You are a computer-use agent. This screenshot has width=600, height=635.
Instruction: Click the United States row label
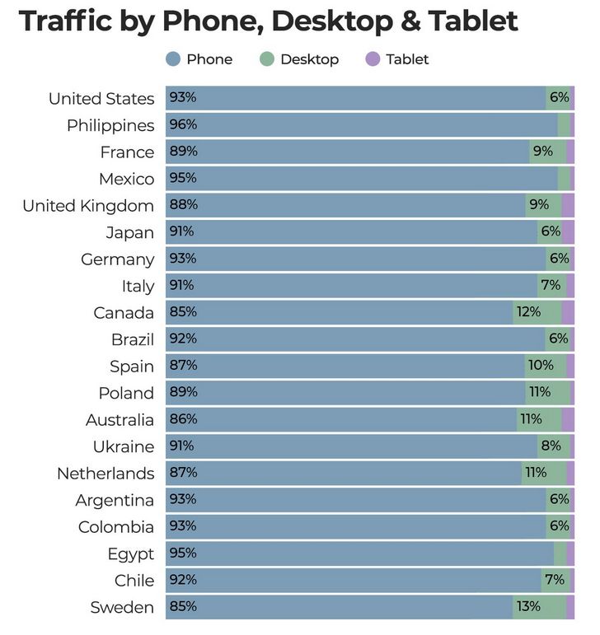point(101,99)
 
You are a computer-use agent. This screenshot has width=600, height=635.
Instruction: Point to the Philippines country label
point(110,125)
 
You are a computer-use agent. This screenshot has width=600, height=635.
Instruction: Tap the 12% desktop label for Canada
point(528,312)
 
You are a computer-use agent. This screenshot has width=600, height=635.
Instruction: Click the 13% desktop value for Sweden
point(528,607)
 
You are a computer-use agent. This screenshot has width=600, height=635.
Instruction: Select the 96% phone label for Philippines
point(183,125)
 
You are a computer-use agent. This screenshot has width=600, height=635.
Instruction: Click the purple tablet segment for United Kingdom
point(568,205)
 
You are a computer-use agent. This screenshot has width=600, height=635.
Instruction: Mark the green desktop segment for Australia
point(539,419)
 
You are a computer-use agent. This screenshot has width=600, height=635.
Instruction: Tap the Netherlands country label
point(105,474)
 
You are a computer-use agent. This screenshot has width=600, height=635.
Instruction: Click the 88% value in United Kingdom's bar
point(183,205)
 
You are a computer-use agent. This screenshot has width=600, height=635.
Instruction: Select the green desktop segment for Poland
point(547,393)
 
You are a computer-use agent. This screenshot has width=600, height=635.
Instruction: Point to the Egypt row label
point(130,553)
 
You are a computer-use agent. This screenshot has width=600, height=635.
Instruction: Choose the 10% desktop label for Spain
point(541,366)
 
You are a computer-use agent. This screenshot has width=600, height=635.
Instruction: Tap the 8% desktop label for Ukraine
point(551,446)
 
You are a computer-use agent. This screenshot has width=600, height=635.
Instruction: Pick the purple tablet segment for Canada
point(568,312)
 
